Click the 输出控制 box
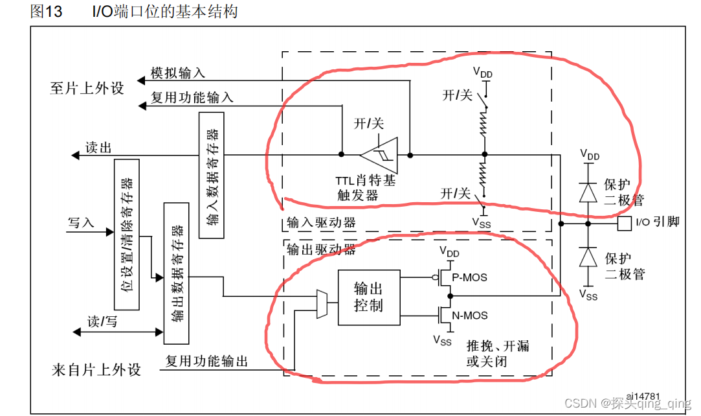pos(369,297)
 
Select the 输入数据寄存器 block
pos(212,175)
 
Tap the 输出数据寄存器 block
pos(177,273)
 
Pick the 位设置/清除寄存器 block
pos(127,234)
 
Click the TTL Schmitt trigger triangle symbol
pos(380,155)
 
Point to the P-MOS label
pos(469,277)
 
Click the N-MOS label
pos(470,316)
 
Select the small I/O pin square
pos(624,224)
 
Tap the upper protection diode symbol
pos(588,192)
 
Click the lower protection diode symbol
pos(588,257)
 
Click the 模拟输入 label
pos(178,73)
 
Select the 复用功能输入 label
pos(192,98)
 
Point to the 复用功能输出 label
pos(206,362)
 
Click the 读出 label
pos(98,148)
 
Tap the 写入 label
pos(81,223)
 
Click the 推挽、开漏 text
pos(498,345)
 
